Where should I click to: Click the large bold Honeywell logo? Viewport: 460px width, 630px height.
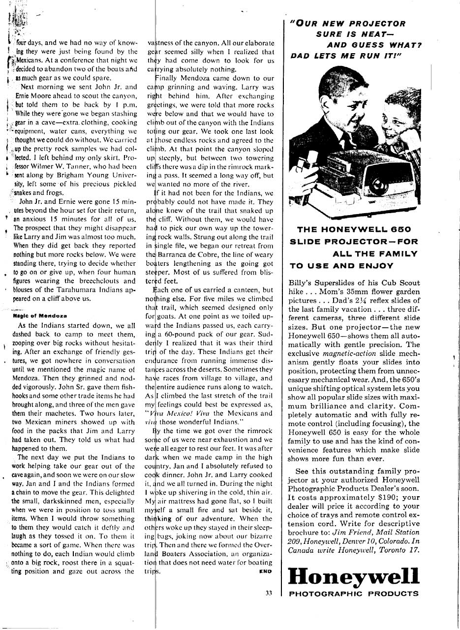[x=353, y=576]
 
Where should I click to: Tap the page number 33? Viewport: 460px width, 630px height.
[x=268, y=593]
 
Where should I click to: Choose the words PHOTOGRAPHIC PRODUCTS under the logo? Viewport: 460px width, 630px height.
[x=353, y=594]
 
